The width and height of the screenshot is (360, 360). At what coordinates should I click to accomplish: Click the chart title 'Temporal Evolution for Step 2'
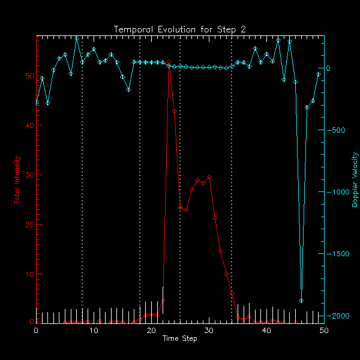tap(180, 29)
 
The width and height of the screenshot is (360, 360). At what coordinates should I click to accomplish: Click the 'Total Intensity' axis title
tap(17, 179)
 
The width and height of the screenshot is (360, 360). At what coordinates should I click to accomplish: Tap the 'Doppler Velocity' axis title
tap(355, 179)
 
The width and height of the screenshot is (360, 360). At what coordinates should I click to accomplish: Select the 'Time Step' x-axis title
tap(180, 339)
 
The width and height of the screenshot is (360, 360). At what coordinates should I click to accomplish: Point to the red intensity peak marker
tap(169, 62)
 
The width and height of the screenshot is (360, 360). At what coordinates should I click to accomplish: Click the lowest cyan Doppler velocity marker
tap(301, 300)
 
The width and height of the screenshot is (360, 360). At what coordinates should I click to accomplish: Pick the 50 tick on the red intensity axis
tap(29, 76)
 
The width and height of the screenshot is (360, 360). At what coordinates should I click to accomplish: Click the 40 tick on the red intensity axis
tap(29, 125)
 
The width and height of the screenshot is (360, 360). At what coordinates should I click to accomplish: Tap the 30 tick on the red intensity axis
tap(29, 175)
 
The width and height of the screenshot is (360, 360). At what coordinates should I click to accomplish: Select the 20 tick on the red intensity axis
tap(29, 224)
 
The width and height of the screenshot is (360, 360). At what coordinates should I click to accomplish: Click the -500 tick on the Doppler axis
tap(338, 130)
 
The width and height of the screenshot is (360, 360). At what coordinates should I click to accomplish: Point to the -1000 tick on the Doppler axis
tap(340, 192)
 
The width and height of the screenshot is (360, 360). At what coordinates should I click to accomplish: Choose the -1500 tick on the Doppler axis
tap(340, 254)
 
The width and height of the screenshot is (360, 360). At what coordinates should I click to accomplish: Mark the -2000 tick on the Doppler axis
tap(340, 316)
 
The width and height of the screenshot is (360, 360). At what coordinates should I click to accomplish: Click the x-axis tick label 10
tap(94, 331)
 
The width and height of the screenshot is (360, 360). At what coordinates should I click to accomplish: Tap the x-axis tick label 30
tap(209, 331)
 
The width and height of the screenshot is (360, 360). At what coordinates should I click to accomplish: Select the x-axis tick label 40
tap(266, 331)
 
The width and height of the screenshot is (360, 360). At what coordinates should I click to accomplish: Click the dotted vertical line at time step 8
tap(82, 180)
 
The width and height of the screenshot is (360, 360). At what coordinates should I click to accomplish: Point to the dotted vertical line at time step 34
tap(232, 180)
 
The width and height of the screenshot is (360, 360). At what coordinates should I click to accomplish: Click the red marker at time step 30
tap(209, 178)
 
